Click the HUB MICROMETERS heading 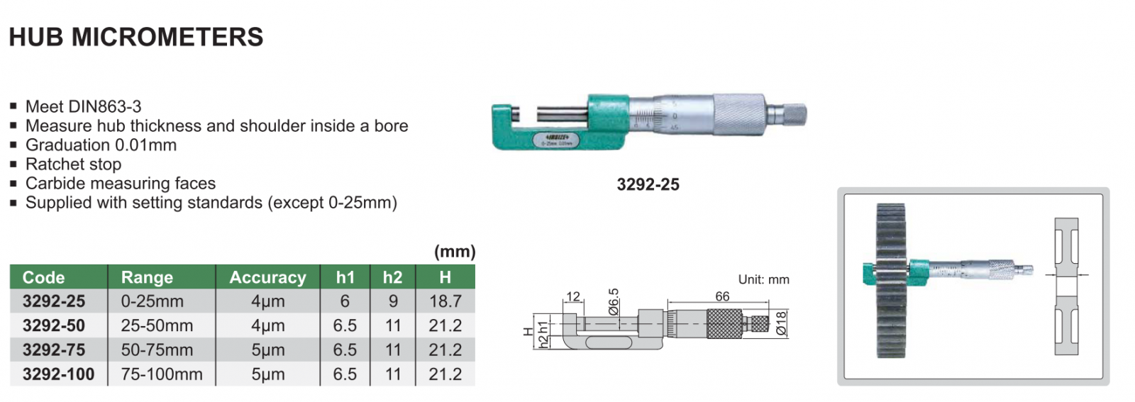[x=135, y=37]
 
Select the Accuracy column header [x=267, y=277]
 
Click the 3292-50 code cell [x=54, y=325]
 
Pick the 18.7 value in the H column [x=445, y=301]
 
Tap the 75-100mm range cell [x=162, y=374]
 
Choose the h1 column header [x=345, y=277]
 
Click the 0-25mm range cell [x=152, y=301]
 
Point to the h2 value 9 [x=393, y=301]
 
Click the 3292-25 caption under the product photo [x=648, y=184]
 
